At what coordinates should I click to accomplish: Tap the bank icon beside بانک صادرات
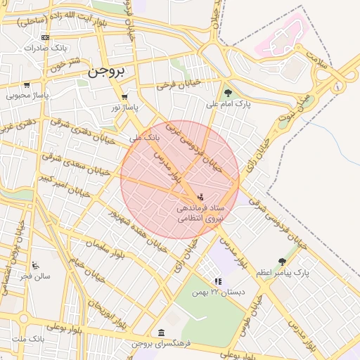tap(46, 38)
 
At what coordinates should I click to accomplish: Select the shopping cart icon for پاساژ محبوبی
tap(27, 85)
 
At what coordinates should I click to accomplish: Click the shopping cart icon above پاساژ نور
tap(124, 97)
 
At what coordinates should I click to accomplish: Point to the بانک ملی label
tap(147, 138)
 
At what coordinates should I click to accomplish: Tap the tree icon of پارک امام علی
tap(227, 92)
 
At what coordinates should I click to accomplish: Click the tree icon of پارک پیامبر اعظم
tap(282, 262)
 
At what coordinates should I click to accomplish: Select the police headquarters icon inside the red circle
tap(201, 196)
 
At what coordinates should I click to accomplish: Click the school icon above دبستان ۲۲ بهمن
tap(218, 281)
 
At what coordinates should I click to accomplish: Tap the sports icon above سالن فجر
tap(35, 266)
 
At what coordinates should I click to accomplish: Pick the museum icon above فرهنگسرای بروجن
tap(162, 333)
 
